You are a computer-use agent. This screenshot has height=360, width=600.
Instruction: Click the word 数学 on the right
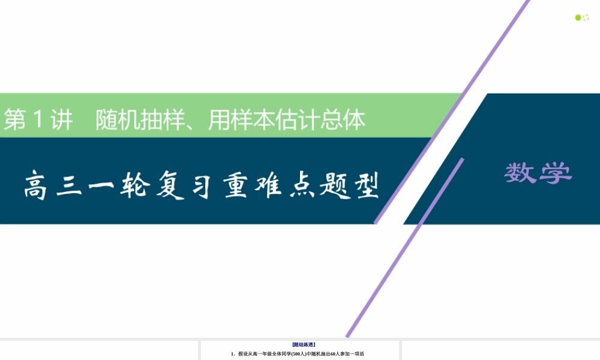point(538,173)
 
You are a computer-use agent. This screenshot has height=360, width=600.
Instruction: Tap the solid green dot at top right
point(578,18)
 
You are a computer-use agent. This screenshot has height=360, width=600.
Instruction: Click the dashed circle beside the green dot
point(586,18)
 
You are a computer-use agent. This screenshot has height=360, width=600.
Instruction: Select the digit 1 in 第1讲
point(38,121)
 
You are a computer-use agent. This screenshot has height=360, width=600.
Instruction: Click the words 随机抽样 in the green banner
point(142,121)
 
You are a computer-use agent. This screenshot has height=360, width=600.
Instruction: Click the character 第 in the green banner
point(16,121)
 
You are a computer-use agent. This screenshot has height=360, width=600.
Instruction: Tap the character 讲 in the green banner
point(61,121)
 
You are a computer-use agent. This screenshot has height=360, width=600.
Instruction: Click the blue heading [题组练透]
point(304,345)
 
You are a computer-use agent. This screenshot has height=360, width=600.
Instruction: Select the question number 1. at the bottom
point(233,354)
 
